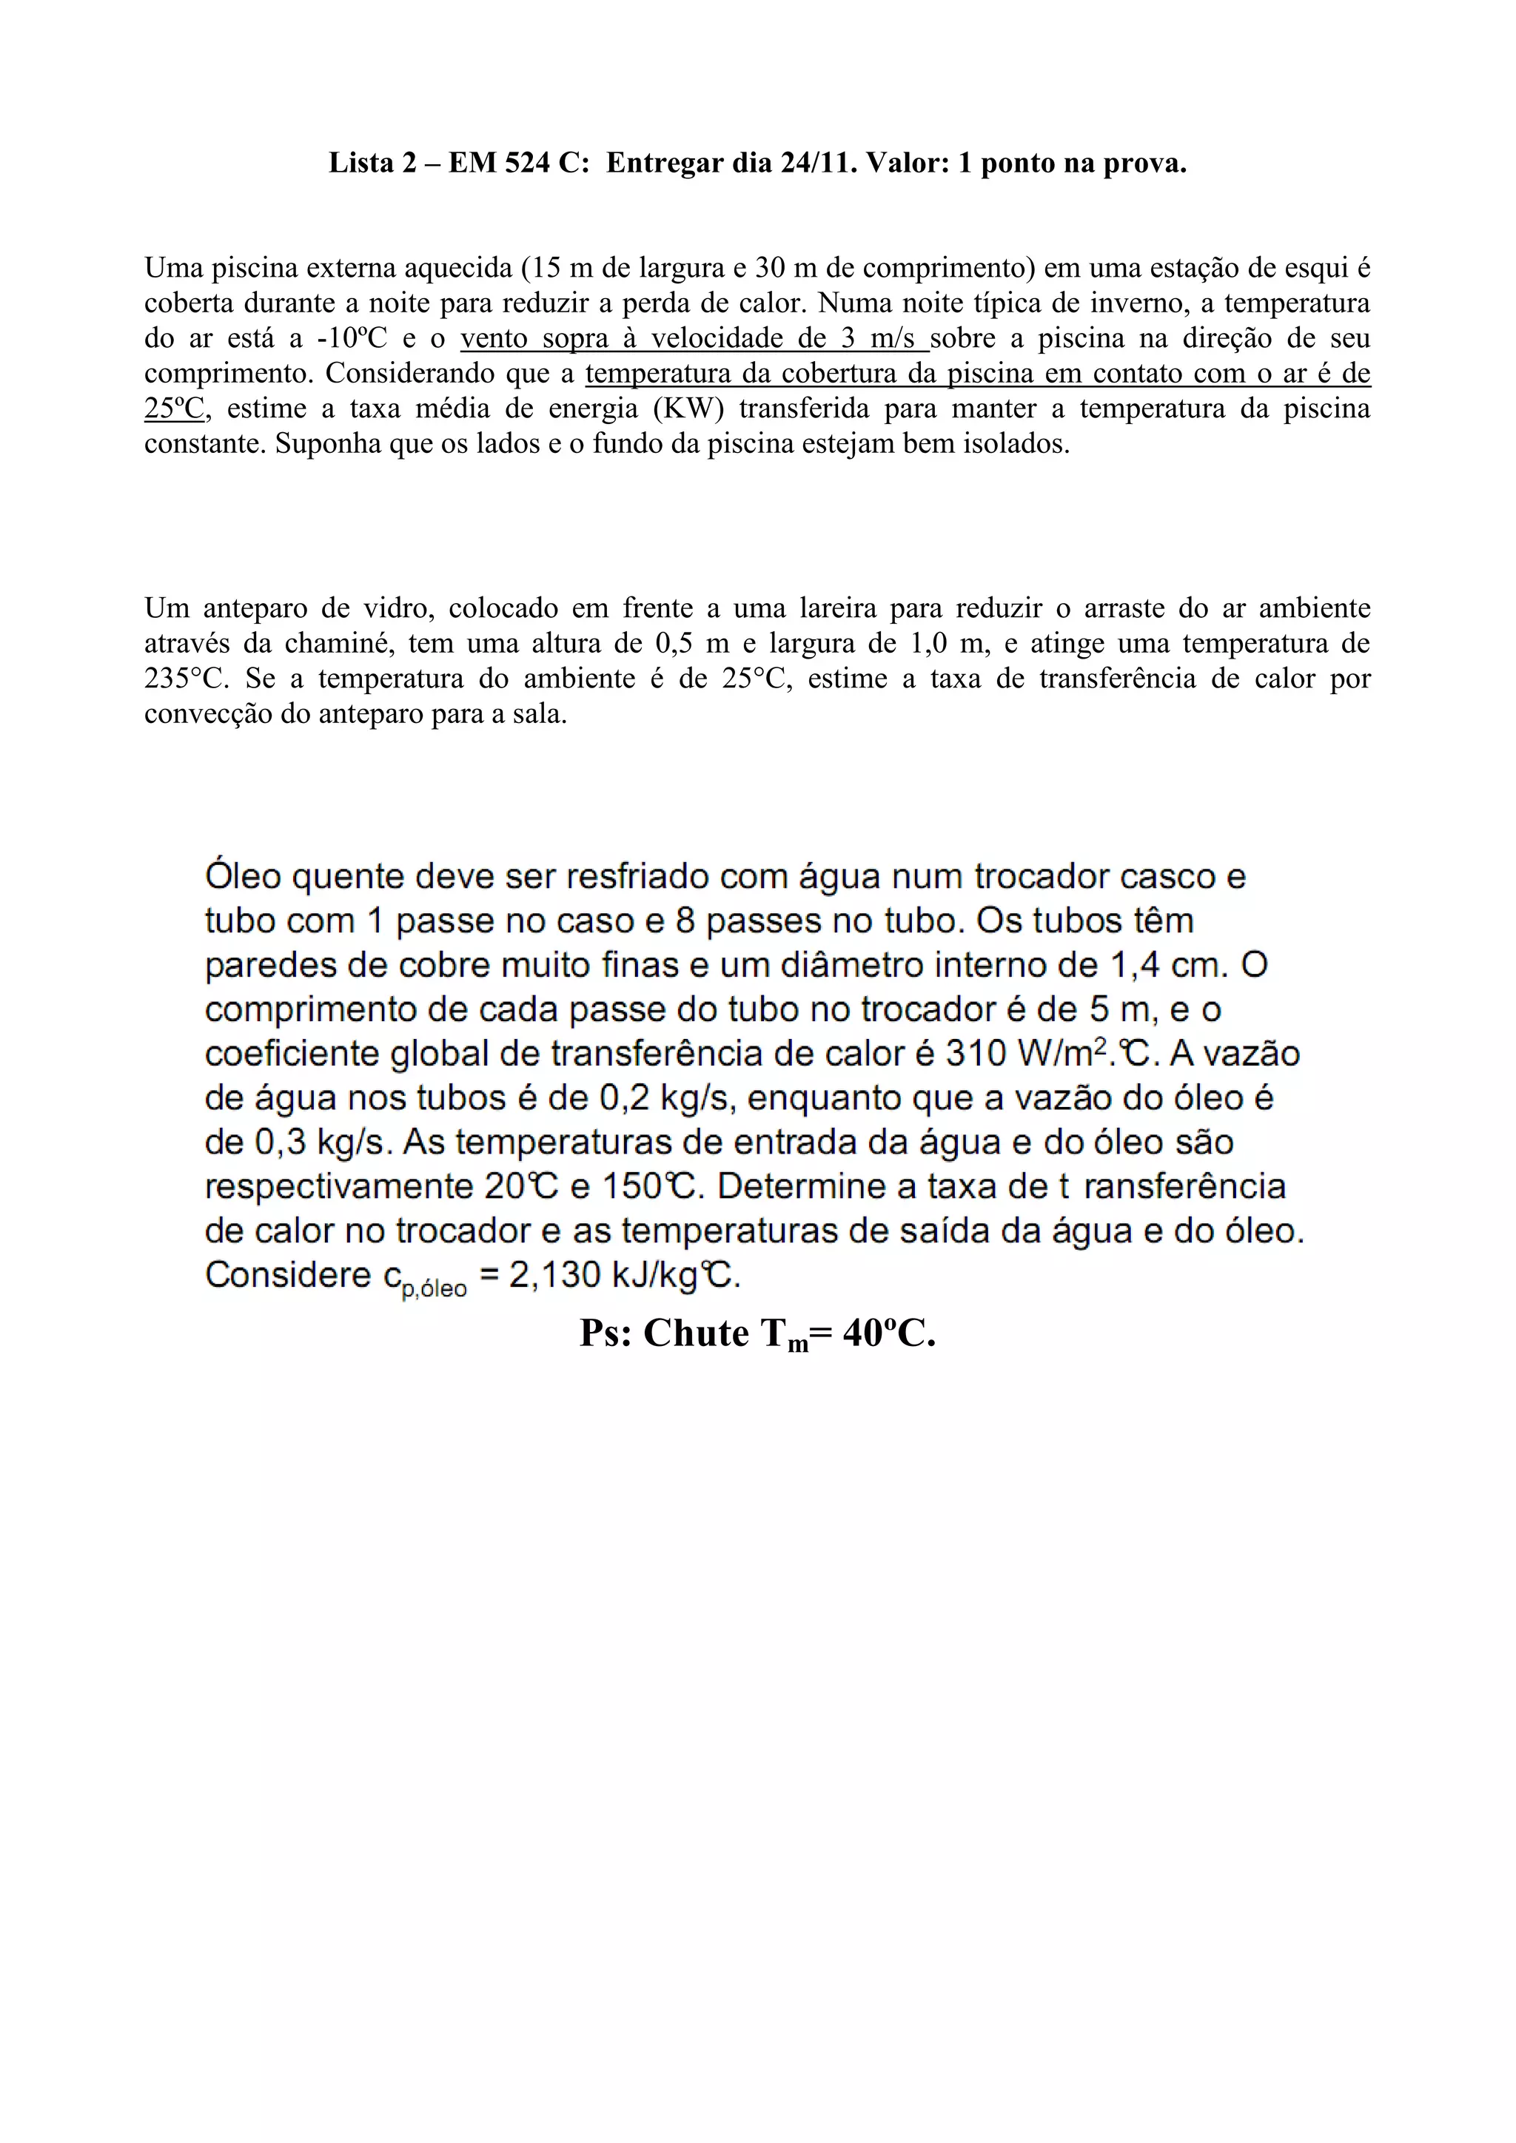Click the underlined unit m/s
[x=893, y=338]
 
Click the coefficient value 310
[x=976, y=1054]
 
